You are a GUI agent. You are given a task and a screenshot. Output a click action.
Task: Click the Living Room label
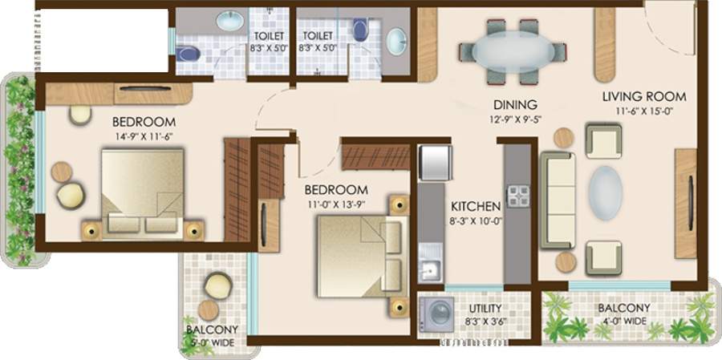coord(644,97)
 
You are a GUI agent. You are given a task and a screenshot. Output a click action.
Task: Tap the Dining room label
coord(515,105)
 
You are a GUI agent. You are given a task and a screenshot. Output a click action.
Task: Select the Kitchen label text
coord(476,206)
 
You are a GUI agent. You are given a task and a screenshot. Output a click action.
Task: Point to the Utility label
coord(485,309)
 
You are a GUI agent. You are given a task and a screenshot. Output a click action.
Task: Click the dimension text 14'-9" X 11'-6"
coord(144,136)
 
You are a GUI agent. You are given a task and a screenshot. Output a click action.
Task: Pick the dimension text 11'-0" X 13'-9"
coord(337,204)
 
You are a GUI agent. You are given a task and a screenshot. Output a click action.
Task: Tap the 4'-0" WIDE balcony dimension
coord(623,322)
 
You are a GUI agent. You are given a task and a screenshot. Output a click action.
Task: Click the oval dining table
coord(516,51)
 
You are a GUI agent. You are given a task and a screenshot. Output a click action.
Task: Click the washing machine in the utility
coord(436,313)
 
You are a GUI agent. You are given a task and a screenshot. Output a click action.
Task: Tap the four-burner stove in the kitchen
coord(517,196)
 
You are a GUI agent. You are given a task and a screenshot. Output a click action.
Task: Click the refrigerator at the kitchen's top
coord(433,162)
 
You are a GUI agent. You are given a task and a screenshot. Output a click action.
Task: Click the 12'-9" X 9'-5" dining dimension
coord(515,119)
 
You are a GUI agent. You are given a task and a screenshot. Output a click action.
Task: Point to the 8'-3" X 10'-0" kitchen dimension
coord(476,221)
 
